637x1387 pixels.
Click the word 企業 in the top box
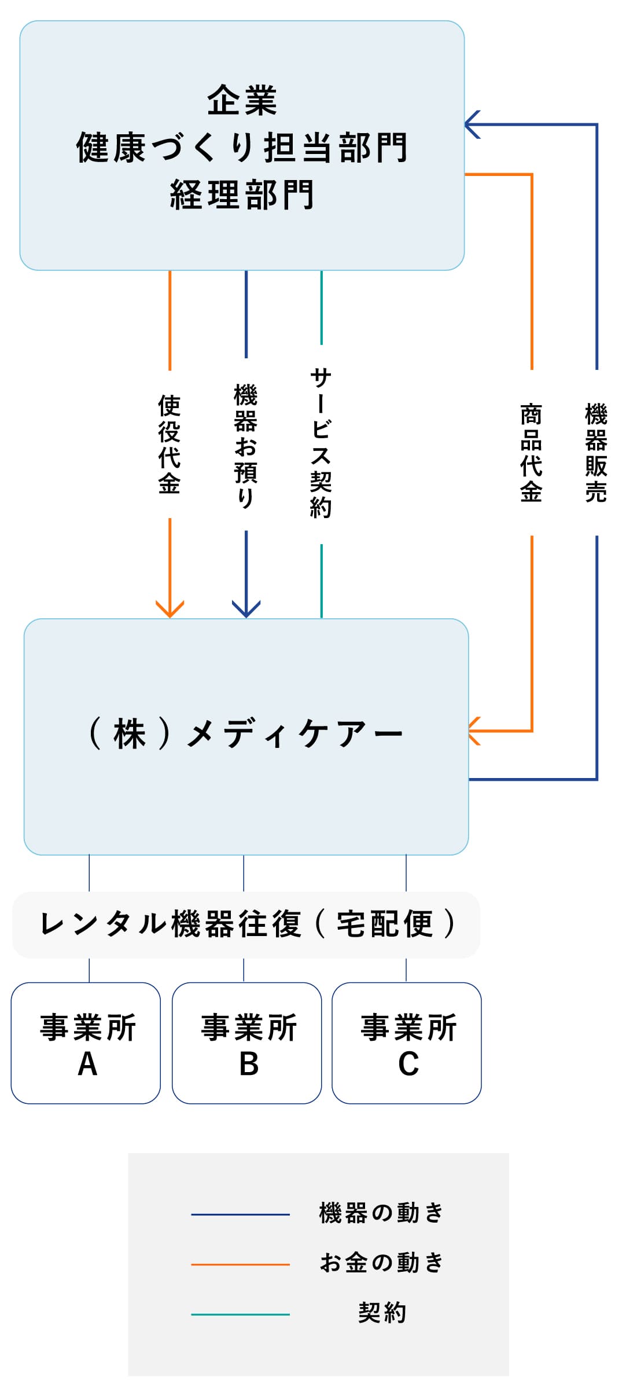click(x=242, y=100)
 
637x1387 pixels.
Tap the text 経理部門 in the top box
click(x=242, y=195)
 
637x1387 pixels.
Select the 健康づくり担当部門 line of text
click(x=242, y=147)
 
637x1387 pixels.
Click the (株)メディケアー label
click(x=245, y=734)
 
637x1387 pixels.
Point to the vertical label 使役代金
click(x=170, y=444)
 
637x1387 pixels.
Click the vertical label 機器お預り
click(x=246, y=445)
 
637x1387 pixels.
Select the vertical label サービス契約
click(x=321, y=443)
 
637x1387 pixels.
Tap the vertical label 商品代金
click(x=531, y=453)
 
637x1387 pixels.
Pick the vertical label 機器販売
click(x=596, y=453)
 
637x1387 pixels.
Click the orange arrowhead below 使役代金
click(x=170, y=610)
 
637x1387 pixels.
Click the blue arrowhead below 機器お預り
click(x=246, y=610)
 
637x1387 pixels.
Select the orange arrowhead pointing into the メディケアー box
click(x=474, y=731)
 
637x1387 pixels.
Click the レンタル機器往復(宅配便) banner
click(x=246, y=924)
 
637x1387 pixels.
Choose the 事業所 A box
click(x=86, y=1043)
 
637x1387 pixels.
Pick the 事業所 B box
click(x=247, y=1043)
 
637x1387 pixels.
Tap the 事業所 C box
click(x=407, y=1043)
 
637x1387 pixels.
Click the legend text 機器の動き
click(x=381, y=1213)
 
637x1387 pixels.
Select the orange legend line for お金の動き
click(x=240, y=1264)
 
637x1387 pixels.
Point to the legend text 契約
click(x=382, y=1313)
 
